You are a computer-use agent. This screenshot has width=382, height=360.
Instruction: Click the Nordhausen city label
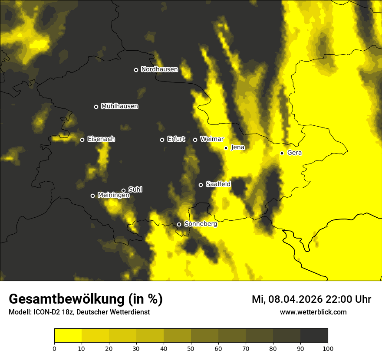(159, 69)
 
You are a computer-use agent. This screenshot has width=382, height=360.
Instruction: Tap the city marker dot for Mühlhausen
(96, 107)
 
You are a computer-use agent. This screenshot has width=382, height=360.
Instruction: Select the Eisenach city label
(101, 139)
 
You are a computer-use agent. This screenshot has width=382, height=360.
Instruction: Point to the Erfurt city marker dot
(162, 140)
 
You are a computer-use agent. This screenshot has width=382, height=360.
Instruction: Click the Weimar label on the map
(212, 139)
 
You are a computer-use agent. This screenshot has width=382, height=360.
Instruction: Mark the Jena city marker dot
(226, 148)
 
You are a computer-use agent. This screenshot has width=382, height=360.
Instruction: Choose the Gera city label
(294, 153)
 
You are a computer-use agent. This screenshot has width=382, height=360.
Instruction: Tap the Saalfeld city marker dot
(201, 185)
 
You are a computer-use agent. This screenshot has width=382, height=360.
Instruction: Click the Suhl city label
(135, 190)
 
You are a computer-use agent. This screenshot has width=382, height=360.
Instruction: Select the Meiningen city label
(113, 196)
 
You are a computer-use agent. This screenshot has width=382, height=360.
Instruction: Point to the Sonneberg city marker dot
(179, 224)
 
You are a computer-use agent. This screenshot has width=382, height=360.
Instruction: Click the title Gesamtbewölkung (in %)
(86, 299)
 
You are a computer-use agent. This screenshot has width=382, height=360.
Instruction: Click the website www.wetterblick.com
(313, 312)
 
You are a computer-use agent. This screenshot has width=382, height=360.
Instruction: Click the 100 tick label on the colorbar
(328, 348)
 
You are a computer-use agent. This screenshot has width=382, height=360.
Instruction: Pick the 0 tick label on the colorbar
(54, 348)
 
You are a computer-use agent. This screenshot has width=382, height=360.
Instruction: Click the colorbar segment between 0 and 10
(68, 336)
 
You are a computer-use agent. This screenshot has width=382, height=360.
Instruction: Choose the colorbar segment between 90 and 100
(314, 336)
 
